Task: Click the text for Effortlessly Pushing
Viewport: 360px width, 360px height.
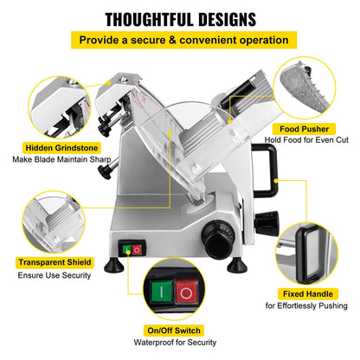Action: tap(306, 305)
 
